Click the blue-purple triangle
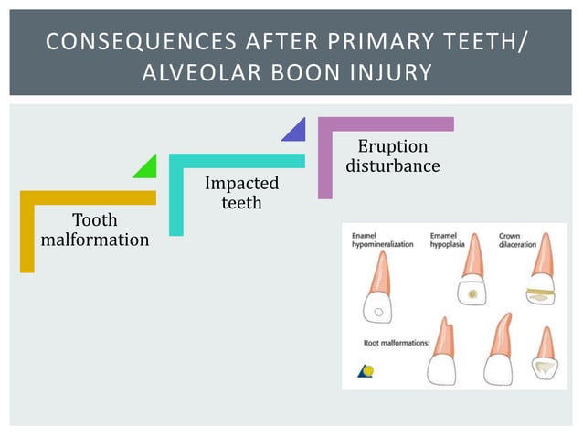(x=295, y=130)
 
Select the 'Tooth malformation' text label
(x=95, y=230)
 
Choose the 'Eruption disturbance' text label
(x=393, y=156)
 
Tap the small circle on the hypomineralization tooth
(x=377, y=312)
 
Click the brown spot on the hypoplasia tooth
(x=472, y=295)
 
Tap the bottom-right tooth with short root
(x=546, y=357)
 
